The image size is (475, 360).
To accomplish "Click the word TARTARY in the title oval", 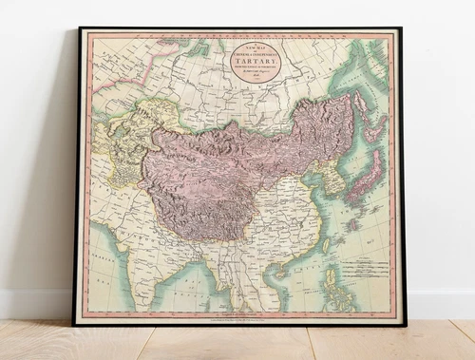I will coord(254,56).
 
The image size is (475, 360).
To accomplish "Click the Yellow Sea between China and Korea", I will coord(313,190).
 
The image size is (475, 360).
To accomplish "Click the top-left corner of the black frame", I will coord(80,28).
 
